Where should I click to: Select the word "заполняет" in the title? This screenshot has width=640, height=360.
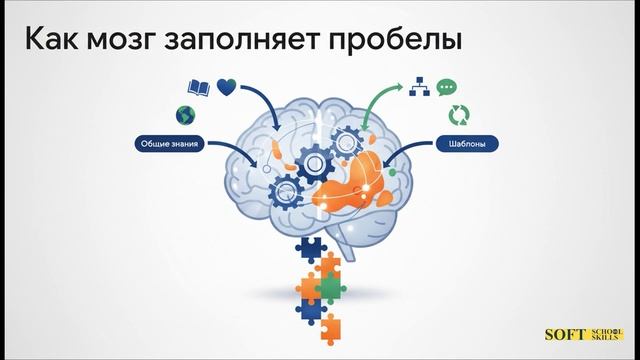tap(273, 42)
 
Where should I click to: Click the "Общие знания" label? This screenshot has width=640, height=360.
tap(168, 144)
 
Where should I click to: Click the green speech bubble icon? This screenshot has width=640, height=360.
tap(447, 88)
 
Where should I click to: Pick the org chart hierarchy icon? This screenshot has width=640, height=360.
tap(419, 88)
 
